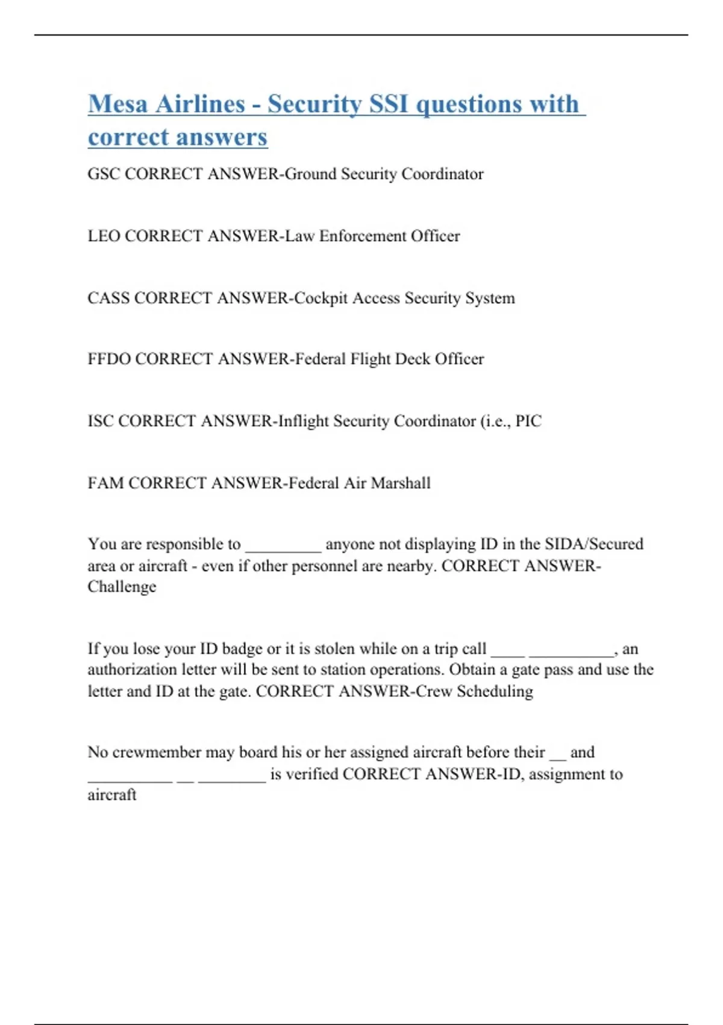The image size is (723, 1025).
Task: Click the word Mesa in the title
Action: pos(117,104)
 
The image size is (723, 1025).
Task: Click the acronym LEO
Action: pos(104,236)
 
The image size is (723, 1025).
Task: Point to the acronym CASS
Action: pos(108,298)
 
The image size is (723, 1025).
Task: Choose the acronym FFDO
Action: pos(109,359)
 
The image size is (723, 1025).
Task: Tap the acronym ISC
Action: pos(101,421)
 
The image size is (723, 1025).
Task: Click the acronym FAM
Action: pos(105,483)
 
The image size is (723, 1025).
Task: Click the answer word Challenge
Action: pos(122,587)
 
